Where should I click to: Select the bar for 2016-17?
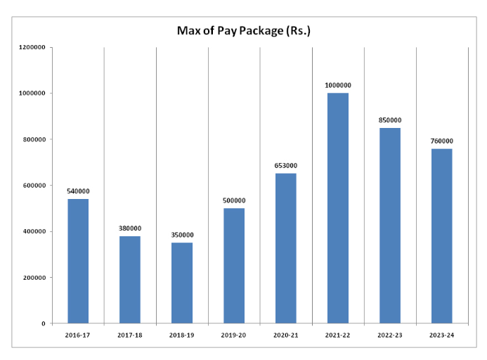click(78, 261)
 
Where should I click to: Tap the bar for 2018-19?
click(182, 283)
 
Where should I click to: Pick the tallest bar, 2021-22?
click(337, 208)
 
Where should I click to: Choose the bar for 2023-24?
click(441, 236)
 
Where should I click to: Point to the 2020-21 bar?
click(285, 248)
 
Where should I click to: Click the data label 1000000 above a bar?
click(337, 85)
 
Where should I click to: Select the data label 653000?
click(285, 165)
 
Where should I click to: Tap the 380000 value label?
click(130, 228)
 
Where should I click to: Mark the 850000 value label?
click(389, 120)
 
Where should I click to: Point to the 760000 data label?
click(441, 141)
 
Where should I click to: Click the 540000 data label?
click(78, 191)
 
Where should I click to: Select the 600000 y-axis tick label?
click(34, 186)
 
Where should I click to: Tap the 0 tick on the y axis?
click(44, 323)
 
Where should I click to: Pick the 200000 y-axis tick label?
click(34, 278)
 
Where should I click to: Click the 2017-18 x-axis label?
click(130, 335)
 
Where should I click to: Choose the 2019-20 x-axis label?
click(233, 335)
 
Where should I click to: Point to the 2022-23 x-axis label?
click(389, 335)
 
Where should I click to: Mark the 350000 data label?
click(182, 235)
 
